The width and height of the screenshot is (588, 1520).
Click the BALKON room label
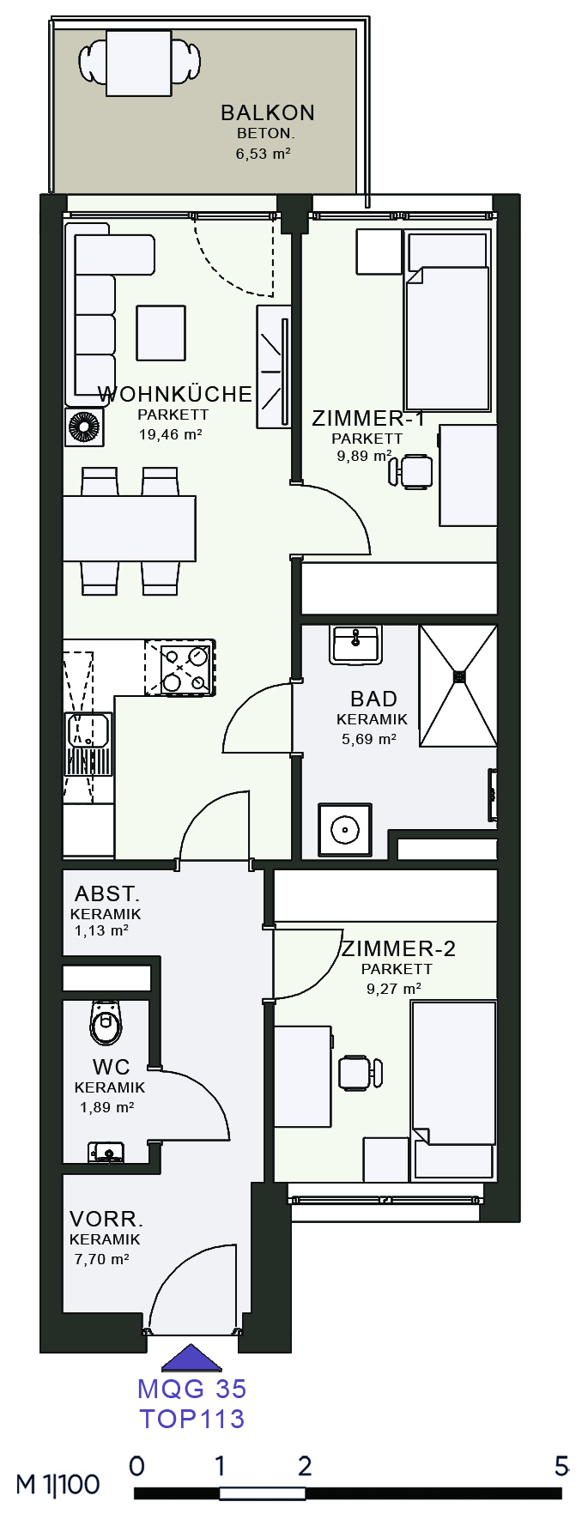coord(268,112)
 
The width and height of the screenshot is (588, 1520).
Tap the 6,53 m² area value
coord(264,154)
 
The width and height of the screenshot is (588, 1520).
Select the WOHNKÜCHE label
coord(175,394)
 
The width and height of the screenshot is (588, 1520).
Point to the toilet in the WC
coord(106,1022)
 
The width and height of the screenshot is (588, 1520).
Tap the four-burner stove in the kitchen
coord(179,667)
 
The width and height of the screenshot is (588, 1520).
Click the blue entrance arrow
coord(191,1358)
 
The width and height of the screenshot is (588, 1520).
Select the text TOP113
coord(192,1419)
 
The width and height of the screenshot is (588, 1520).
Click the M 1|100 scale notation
coord(58,1484)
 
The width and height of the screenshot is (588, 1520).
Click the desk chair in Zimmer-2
coord(360,1073)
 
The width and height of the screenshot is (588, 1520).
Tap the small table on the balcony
coord(139,63)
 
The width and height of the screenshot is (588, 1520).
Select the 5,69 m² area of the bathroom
coord(369,739)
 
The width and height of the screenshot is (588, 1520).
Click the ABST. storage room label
coord(107,894)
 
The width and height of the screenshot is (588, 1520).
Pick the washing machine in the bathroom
coord(345,830)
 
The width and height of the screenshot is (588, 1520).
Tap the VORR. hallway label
coord(106,1219)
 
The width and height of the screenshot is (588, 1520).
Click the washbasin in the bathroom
coord(356,645)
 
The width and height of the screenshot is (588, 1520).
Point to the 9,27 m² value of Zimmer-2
coord(394,989)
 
